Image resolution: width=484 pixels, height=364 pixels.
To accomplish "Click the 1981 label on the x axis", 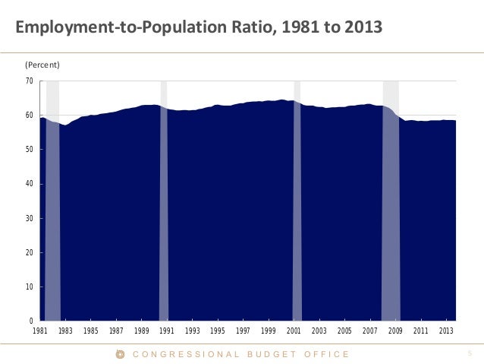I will (x=39, y=331).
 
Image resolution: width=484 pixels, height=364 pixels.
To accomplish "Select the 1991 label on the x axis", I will (x=167, y=331).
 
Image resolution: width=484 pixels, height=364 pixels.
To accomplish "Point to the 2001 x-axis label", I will (x=294, y=331).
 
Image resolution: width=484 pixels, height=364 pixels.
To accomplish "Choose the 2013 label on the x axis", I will (x=447, y=331).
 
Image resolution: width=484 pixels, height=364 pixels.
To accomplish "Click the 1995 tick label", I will (x=218, y=331).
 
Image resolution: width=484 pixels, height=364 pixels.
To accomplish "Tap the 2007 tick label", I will (x=370, y=331).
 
